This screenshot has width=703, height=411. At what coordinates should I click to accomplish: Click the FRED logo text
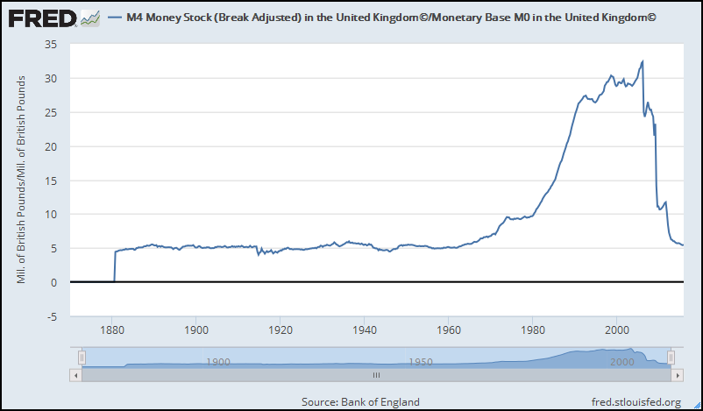click(40, 18)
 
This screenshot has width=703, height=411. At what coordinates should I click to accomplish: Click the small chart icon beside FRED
click(89, 18)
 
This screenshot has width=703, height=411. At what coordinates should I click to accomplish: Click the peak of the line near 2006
click(643, 61)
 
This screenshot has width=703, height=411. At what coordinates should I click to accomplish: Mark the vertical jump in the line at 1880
click(115, 266)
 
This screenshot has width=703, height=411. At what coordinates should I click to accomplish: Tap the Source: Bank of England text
click(360, 401)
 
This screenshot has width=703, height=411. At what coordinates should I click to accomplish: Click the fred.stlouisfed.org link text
click(636, 401)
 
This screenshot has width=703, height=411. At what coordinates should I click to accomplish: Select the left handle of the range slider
click(82, 357)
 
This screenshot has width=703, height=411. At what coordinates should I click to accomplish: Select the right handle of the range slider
click(671, 357)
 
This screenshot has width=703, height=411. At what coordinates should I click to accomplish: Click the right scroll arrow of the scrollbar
click(676, 374)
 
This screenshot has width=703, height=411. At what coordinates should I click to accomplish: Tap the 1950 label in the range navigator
click(420, 361)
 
